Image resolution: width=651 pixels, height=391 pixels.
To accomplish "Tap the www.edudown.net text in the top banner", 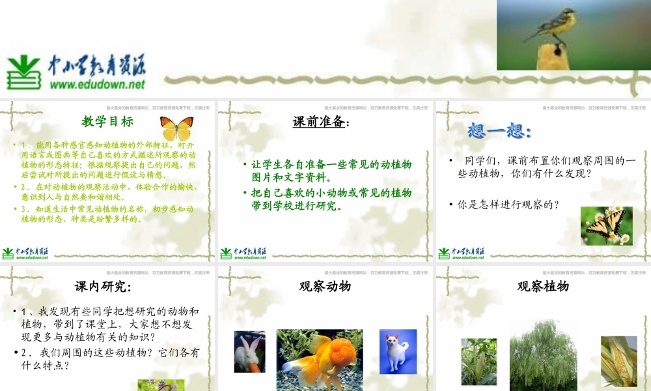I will click(97, 84).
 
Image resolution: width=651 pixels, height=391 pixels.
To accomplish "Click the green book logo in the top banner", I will click(24, 72).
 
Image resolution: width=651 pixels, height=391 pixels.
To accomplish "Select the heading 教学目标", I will click(107, 121).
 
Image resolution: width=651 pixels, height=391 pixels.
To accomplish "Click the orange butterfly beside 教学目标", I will click(176, 128).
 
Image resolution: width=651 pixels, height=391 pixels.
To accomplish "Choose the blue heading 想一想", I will click(499, 131).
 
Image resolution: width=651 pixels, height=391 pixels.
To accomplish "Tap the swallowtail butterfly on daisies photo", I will click(606, 226).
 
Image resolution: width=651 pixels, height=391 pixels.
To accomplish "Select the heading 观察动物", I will click(325, 286).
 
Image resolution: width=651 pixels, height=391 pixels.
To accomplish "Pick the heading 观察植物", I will click(543, 286).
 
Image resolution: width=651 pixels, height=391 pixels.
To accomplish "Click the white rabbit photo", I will click(249, 352).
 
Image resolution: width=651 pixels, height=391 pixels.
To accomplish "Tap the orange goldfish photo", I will click(320, 358).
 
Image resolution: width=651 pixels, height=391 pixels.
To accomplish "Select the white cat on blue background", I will click(398, 351).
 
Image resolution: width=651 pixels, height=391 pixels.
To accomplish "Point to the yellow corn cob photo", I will click(618, 361).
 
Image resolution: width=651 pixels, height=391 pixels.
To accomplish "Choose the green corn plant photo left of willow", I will click(478, 362).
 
